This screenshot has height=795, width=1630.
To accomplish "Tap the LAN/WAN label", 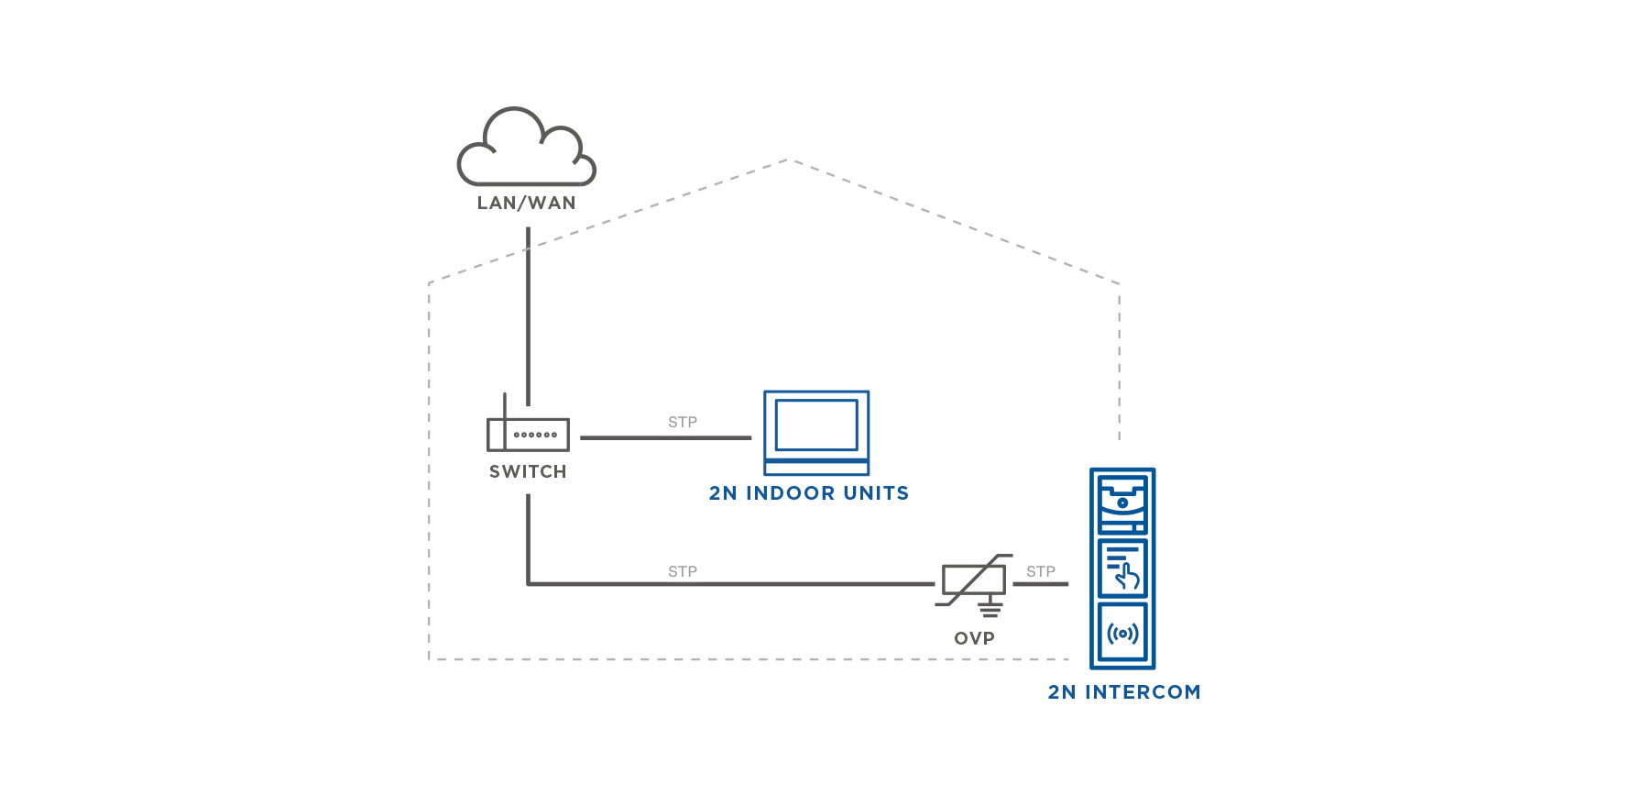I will point(526,204).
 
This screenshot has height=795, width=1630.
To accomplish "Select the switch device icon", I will point(528,434).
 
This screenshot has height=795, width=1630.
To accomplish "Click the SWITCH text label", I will point(528,471).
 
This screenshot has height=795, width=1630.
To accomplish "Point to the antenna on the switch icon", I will point(505,408).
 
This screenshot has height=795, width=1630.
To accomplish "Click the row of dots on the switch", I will point(536,435).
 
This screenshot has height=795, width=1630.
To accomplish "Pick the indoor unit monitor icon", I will point(816,432).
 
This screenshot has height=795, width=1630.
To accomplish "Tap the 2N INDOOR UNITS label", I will point(809,493).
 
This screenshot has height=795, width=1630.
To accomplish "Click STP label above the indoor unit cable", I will point(683,422).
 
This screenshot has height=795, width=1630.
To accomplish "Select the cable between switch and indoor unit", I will point(665,438).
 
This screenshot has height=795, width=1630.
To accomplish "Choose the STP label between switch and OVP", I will point(683,571).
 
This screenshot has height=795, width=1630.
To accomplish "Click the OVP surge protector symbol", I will point(973,580).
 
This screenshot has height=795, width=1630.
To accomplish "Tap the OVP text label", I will point(974,638).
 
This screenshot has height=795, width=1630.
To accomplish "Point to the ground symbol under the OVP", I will point(990,609).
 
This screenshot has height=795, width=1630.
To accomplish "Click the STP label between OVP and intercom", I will point(1041,571).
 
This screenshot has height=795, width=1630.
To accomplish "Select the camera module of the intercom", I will point(1122,502).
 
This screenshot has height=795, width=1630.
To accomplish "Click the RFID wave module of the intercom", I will point(1122,633).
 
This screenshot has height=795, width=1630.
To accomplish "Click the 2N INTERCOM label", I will point(1124,692).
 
